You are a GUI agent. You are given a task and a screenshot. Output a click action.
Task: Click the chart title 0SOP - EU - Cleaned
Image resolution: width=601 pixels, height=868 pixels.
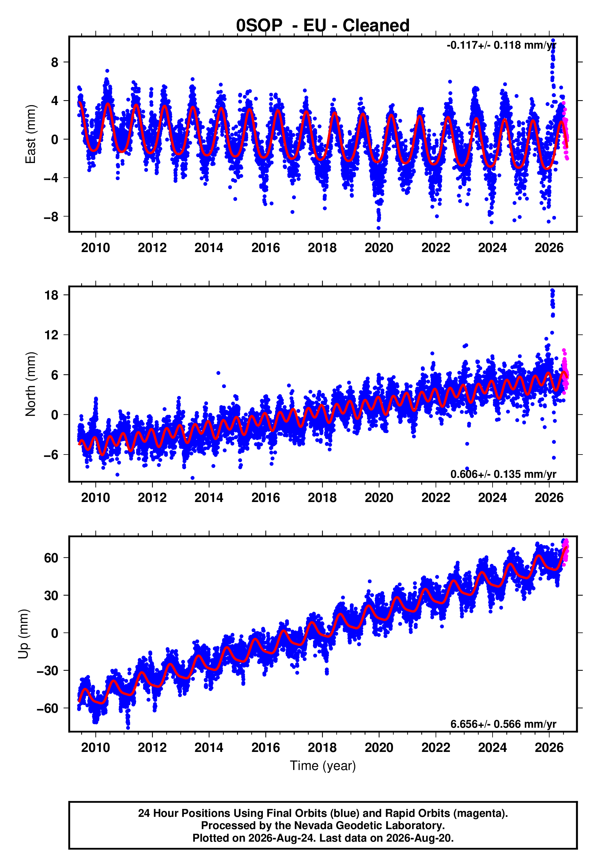pyautogui.click(x=323, y=26)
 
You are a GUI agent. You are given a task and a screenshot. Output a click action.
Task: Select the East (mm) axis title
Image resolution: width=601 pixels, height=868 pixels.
pyautogui.click(x=31, y=134)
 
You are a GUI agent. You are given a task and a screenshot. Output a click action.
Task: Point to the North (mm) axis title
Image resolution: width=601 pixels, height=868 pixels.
pyautogui.click(x=31, y=384)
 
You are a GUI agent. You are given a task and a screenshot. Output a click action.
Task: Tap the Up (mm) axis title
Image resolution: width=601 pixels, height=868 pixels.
pyautogui.click(x=23, y=634)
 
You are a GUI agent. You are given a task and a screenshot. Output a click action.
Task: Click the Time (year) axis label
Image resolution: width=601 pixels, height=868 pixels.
pyautogui.click(x=323, y=766)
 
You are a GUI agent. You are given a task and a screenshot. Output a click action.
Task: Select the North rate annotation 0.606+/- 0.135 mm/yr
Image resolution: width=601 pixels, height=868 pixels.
pyautogui.click(x=503, y=474)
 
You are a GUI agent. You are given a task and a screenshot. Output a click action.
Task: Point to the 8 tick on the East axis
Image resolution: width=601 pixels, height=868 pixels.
pyautogui.click(x=55, y=62)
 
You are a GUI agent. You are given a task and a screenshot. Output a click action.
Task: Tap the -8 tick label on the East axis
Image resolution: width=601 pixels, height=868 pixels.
pyautogui.click(x=51, y=217)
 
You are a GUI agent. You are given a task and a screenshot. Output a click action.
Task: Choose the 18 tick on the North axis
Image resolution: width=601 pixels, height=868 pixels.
pyautogui.click(x=51, y=295)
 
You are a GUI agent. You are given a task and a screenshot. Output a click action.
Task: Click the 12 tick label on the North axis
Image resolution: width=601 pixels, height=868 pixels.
pyautogui.click(x=51, y=335)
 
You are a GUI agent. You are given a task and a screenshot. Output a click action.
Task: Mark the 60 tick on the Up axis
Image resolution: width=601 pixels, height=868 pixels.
pyautogui.click(x=51, y=557)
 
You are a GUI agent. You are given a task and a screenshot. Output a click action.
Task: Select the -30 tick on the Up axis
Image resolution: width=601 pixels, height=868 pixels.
pyautogui.click(x=48, y=670)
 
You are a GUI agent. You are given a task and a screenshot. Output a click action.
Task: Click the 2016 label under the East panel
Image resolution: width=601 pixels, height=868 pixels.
pyautogui.click(x=266, y=248)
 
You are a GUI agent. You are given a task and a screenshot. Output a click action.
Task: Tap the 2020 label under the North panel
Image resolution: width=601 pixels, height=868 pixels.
pyautogui.click(x=379, y=498)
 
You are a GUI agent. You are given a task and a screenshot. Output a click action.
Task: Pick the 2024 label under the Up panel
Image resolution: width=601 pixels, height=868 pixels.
pyautogui.click(x=492, y=748)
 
